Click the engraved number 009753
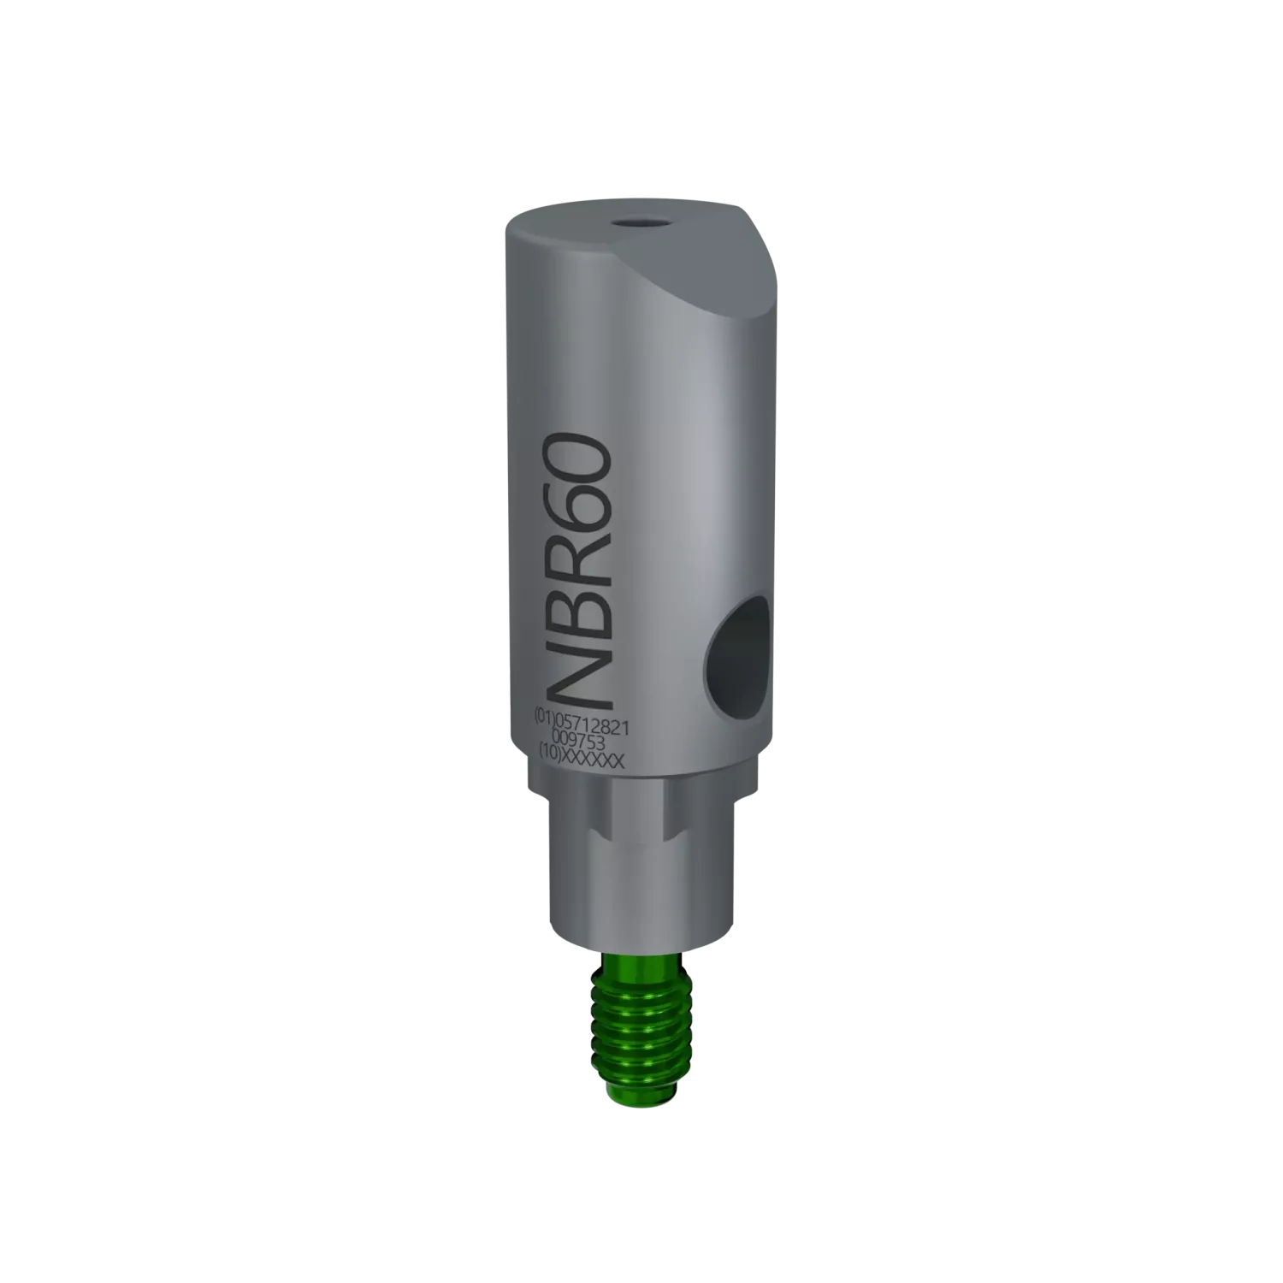tap(581, 733)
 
